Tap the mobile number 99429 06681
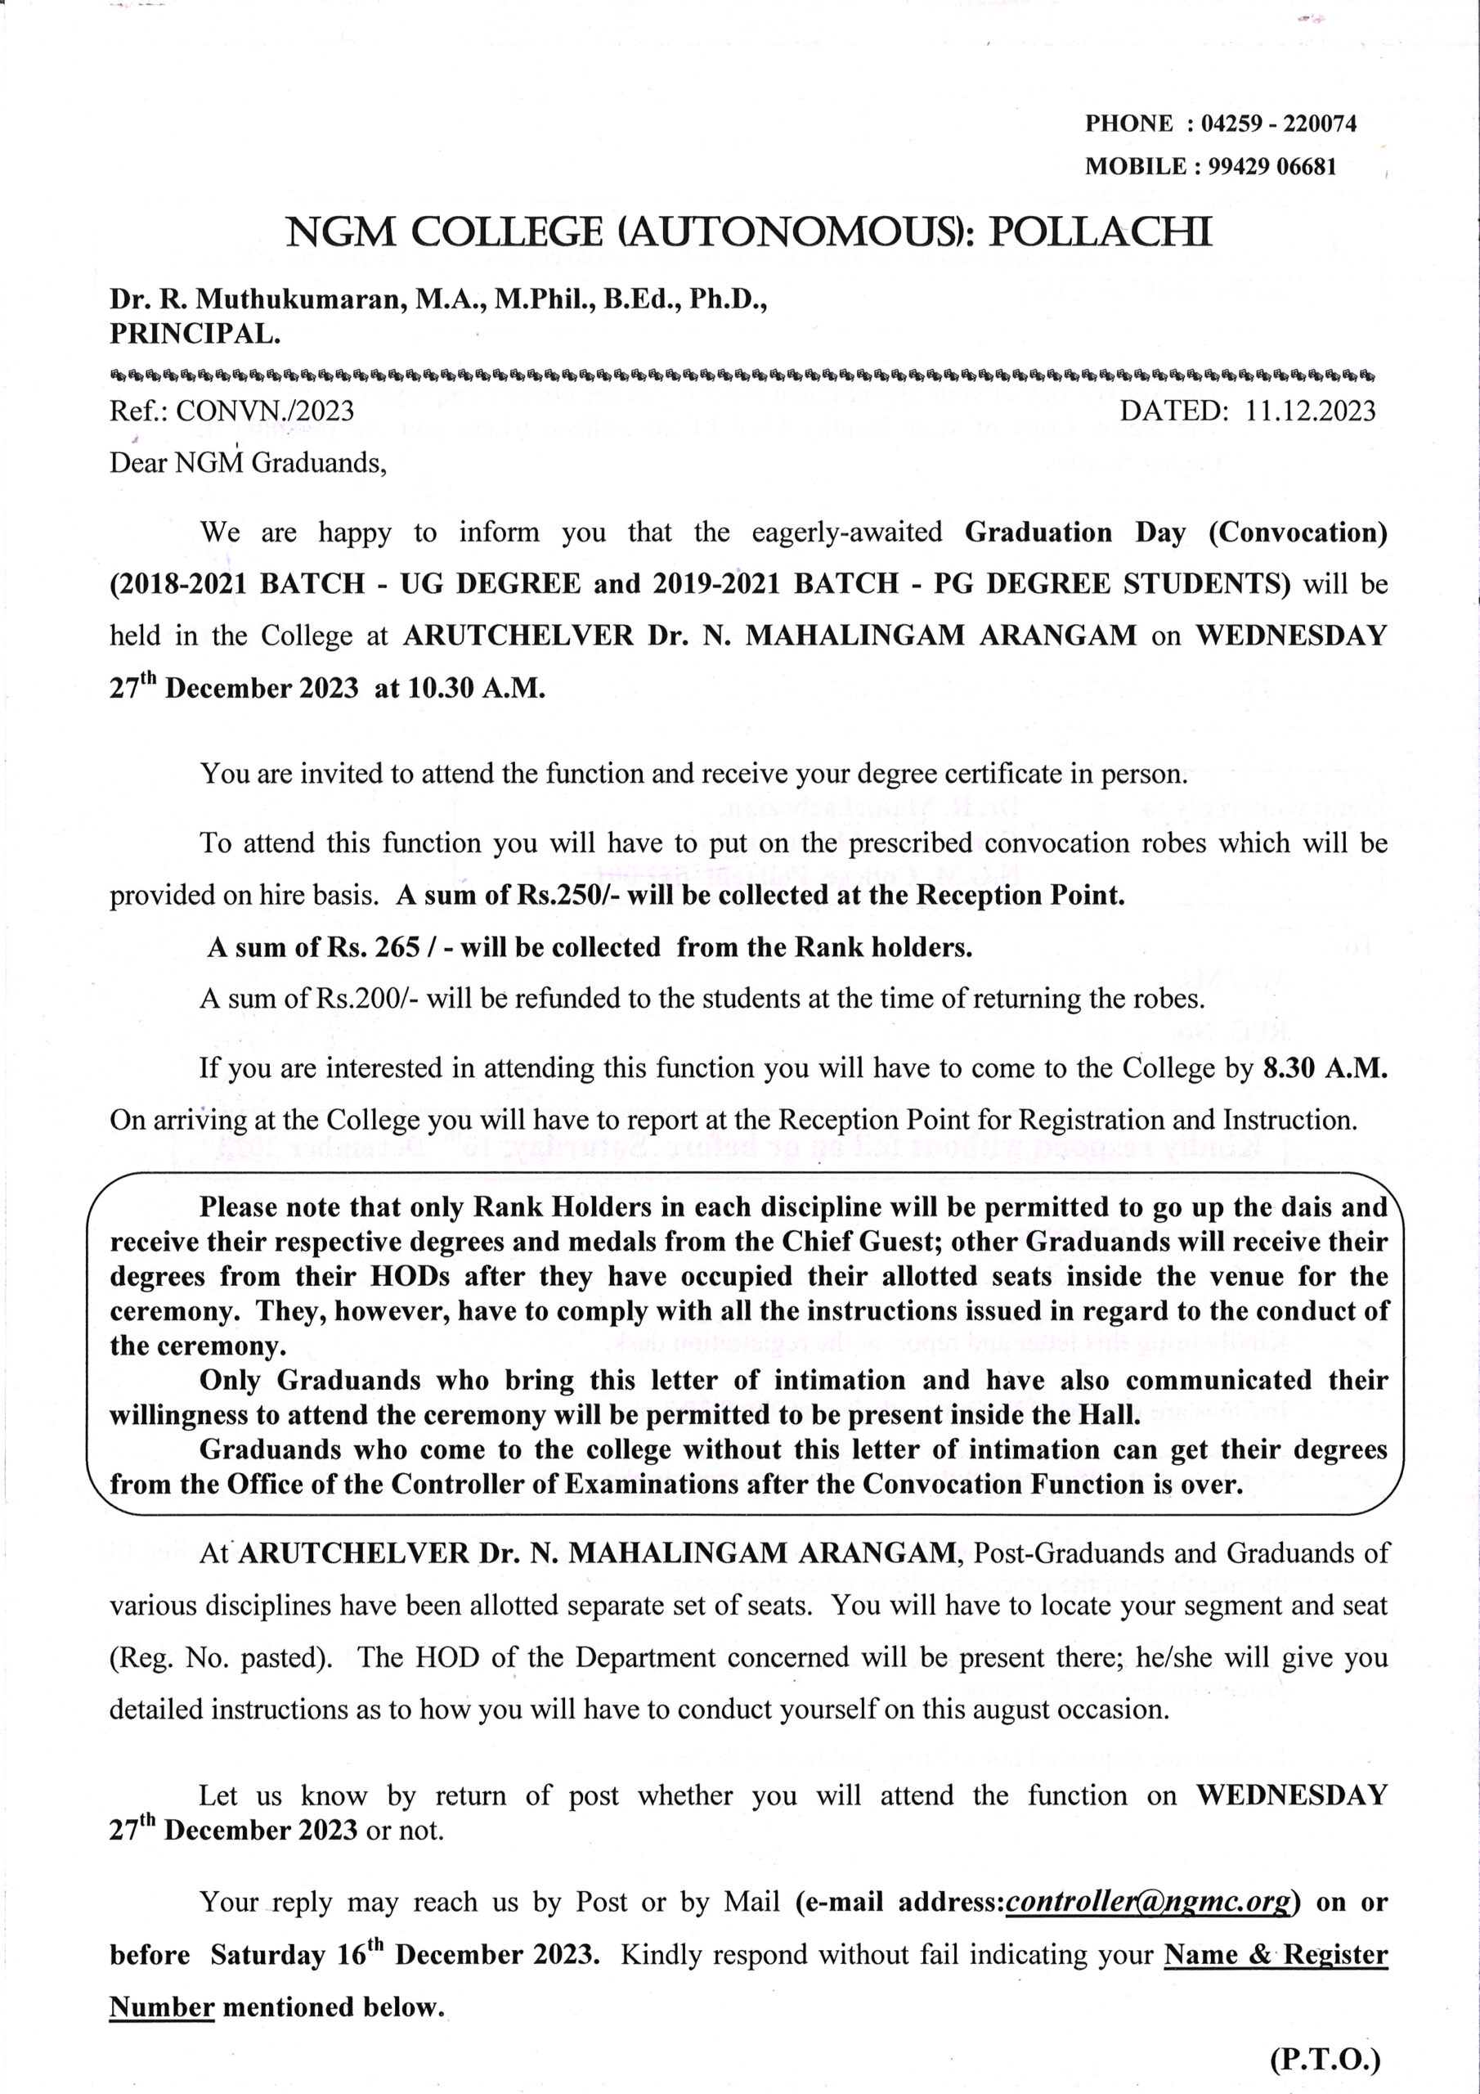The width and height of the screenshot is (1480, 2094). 1272,167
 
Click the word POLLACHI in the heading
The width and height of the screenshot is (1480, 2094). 1101,232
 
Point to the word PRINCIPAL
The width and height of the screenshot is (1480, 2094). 195,334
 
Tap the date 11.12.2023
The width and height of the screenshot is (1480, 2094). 1311,411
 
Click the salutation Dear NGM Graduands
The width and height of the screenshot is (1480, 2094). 248,463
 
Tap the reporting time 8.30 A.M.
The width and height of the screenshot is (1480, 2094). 1325,1068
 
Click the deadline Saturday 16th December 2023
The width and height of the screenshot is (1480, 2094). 404,1956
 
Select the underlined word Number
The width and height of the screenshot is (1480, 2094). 161,2007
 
